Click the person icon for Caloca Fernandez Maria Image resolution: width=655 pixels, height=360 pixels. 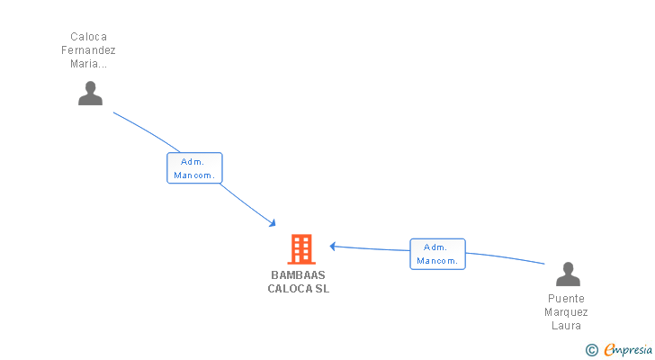click(90, 93)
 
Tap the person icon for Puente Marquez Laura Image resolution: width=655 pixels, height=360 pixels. click(568, 274)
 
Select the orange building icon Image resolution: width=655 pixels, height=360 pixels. click(301, 249)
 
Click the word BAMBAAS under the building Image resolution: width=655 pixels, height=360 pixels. click(298, 275)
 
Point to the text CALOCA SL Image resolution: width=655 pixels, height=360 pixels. click(298, 289)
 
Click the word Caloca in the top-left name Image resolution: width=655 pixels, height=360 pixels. click(88, 37)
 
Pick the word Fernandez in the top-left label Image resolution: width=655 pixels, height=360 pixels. click(88, 50)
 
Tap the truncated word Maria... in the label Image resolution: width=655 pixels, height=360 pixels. click(88, 64)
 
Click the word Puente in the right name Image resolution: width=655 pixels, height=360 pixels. click(567, 299)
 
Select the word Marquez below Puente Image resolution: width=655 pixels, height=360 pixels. click(567, 312)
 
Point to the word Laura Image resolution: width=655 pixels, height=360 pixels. click(567, 326)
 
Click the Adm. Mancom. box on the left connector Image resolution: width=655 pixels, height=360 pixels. click(194, 168)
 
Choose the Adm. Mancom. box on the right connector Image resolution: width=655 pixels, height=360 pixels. click(438, 254)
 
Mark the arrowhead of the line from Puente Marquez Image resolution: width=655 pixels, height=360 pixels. click(333, 246)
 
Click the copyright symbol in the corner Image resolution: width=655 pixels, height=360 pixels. click(591, 350)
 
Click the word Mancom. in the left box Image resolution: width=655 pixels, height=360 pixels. click(194, 175)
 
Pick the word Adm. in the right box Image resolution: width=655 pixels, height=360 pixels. click(435, 247)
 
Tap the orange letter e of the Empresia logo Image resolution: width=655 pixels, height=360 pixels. click(609, 350)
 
